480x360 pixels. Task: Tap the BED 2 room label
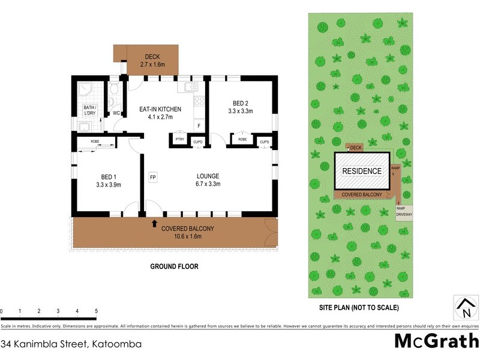coord(240,107)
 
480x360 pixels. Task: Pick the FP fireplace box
coord(153,178)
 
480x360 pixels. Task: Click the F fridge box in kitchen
coord(199,125)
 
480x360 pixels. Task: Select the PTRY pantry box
coord(179,140)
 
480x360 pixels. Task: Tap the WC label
coord(116,112)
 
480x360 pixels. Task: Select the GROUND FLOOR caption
coord(175,266)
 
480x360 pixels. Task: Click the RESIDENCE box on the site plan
coord(361,171)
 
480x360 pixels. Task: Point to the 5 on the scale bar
coord(97,311)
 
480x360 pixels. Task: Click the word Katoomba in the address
coord(116,344)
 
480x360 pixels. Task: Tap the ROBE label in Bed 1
coord(95,142)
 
